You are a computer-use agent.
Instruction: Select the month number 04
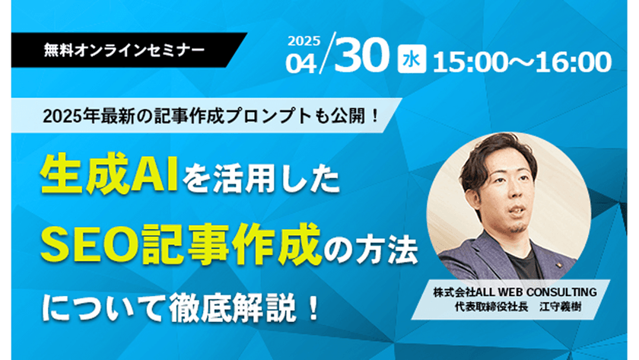click(303, 63)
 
